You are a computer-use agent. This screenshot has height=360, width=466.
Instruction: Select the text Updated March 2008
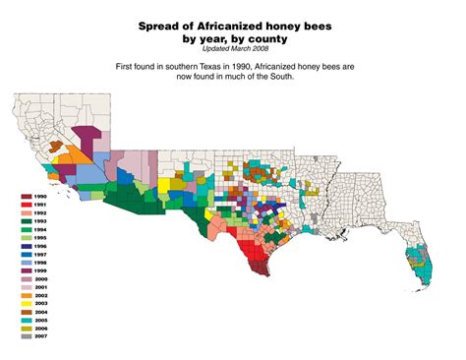click(x=233, y=47)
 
